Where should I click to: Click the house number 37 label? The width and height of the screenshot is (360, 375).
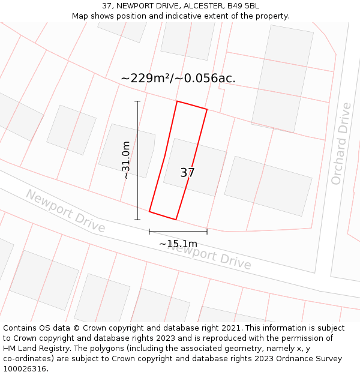(x=187, y=173)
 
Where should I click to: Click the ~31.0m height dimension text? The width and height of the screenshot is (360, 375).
(x=126, y=160)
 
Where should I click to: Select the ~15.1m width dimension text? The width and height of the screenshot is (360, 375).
(x=178, y=244)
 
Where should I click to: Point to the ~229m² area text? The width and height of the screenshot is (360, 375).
(x=148, y=78)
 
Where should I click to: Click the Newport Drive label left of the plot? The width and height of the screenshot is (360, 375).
(x=65, y=212)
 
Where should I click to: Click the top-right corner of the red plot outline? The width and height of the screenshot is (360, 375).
(x=207, y=109)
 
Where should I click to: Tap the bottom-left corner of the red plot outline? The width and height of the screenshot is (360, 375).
(x=149, y=211)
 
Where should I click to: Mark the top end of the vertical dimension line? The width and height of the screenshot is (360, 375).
(x=137, y=101)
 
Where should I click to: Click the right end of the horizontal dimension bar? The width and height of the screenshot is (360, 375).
(x=207, y=232)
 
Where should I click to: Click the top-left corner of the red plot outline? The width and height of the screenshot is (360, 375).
(x=177, y=101)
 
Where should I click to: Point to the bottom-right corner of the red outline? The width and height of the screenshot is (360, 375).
(x=176, y=219)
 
